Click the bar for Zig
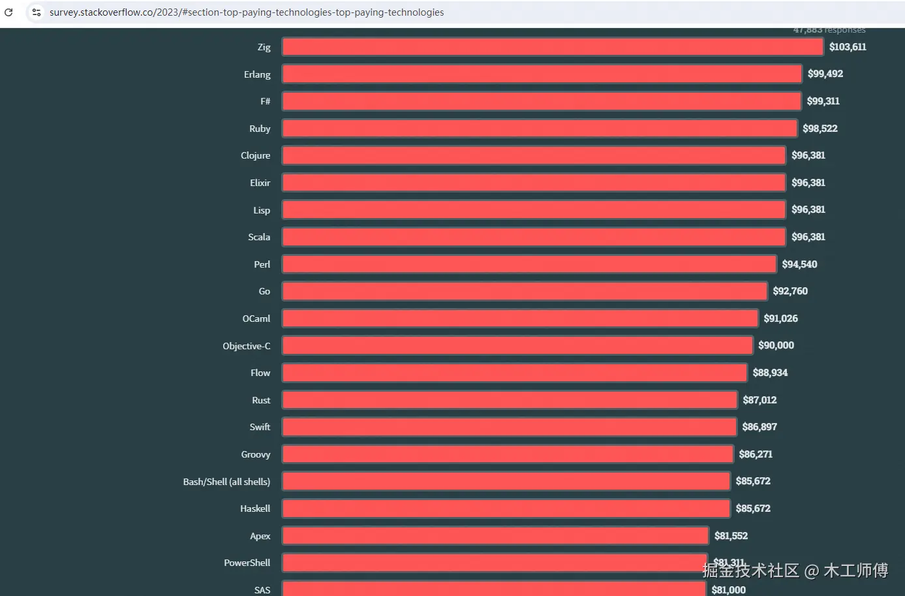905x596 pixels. pos(552,47)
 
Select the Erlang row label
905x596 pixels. pos(257,74)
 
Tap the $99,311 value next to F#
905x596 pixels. pos(823,101)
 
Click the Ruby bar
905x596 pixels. pos(539,129)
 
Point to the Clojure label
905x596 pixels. pos(255,155)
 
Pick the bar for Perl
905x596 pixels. pos(529,264)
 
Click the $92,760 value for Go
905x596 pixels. pos(790,291)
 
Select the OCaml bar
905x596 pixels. pos(519,319)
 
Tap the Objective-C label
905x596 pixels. pos(246,346)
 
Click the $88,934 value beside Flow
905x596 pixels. pos(770,373)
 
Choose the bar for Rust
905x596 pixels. pos(509,400)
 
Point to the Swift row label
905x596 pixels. pos(260,427)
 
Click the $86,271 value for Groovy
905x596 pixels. pos(756,454)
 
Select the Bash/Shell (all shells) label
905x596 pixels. pos(226,482)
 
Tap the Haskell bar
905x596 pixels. pos(506,509)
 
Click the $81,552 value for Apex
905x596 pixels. pos(731,536)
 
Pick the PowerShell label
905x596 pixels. pos(247,563)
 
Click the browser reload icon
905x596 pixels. pos(8,12)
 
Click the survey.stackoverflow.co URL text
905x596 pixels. pos(247,12)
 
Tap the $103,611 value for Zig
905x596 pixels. pos(848,47)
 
